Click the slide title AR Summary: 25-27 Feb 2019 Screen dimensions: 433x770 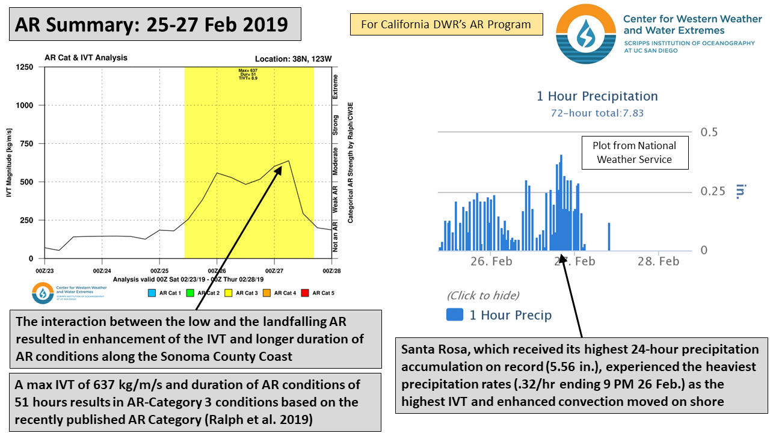pyautogui.click(x=151, y=25)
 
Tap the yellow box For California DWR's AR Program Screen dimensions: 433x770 pyautogui.click(x=446, y=25)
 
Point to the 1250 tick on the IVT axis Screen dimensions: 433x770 pyautogui.click(x=25, y=67)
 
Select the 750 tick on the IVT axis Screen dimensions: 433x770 pyautogui.click(x=27, y=144)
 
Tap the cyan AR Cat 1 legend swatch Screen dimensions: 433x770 pyautogui.click(x=150, y=293)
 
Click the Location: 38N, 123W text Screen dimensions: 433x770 pyautogui.click(x=293, y=58)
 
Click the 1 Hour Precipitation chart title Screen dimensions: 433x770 pyautogui.click(x=597, y=96)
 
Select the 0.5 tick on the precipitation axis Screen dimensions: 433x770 pyautogui.click(x=709, y=132)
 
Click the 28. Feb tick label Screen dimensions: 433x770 pyautogui.click(x=659, y=261)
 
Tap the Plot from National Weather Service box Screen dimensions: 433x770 pyautogui.click(x=634, y=153)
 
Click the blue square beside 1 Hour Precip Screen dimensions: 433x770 pyautogui.click(x=454, y=315)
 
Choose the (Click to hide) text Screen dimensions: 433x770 pyautogui.click(x=482, y=295)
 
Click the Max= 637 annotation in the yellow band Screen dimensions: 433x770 pyautogui.click(x=248, y=70)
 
